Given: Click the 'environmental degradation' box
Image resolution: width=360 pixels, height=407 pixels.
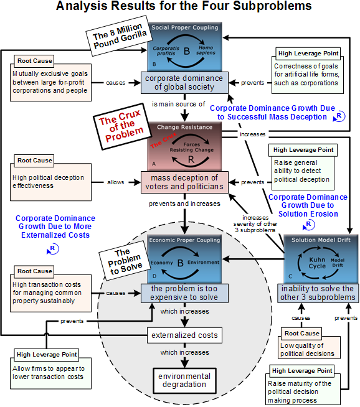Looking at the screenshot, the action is (184, 380).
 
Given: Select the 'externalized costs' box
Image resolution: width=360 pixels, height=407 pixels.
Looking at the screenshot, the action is (184, 335).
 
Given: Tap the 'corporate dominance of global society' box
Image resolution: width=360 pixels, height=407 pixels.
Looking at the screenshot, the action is (184, 83).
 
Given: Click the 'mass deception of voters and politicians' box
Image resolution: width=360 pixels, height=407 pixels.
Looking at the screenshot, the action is (184, 182).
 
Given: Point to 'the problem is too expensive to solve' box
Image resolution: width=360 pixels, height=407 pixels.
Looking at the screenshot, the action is (184, 293).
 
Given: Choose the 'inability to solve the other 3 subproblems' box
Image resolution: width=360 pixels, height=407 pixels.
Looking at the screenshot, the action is (318, 293).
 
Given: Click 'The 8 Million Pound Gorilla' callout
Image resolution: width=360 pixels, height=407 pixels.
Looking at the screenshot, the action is (120, 36).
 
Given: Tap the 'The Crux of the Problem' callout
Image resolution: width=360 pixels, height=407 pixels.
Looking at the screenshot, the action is (121, 126).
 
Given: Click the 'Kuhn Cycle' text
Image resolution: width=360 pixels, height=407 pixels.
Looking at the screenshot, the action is (317, 263).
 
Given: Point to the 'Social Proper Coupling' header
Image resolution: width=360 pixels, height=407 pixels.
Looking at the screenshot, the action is (185, 27).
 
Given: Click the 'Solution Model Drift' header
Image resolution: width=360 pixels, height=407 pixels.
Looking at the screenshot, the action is (321, 240).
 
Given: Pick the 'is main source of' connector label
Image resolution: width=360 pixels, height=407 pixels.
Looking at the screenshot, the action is (178, 104).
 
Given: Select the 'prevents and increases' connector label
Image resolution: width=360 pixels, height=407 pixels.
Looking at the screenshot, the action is (184, 203).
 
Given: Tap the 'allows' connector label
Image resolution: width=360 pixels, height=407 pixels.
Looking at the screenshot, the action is (116, 182).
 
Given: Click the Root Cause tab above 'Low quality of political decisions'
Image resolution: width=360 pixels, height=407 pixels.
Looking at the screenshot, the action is (301, 334).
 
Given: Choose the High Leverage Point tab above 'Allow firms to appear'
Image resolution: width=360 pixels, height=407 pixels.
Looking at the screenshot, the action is (47, 355).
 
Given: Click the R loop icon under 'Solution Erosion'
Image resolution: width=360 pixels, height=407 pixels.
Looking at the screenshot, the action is (309, 225).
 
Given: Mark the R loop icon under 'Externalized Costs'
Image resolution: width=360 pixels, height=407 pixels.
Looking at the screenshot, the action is (53, 249).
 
